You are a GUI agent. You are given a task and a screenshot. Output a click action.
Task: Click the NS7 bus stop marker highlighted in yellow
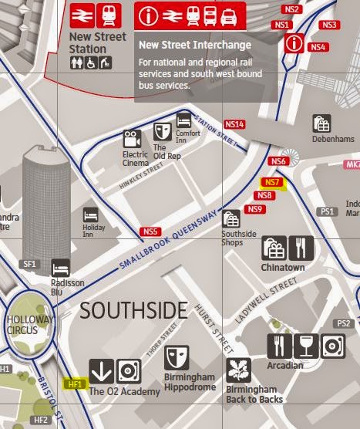[x=272, y=183]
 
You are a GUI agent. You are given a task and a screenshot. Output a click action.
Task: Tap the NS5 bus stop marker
[x=150, y=231]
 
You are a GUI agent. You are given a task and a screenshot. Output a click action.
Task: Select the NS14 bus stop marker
[x=234, y=124]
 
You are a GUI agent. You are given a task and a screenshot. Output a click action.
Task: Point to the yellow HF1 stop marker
[x=75, y=383]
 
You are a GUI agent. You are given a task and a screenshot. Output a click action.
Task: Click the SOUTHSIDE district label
[x=133, y=311]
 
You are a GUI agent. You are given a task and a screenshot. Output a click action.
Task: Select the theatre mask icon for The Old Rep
[x=162, y=130]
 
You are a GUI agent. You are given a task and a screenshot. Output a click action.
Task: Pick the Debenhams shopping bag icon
[x=321, y=123]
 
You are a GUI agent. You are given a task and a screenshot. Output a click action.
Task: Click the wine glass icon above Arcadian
[x=307, y=346]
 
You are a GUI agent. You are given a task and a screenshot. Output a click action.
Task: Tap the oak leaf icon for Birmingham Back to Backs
[x=239, y=370]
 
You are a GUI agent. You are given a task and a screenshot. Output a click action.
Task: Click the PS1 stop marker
[x=328, y=211]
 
